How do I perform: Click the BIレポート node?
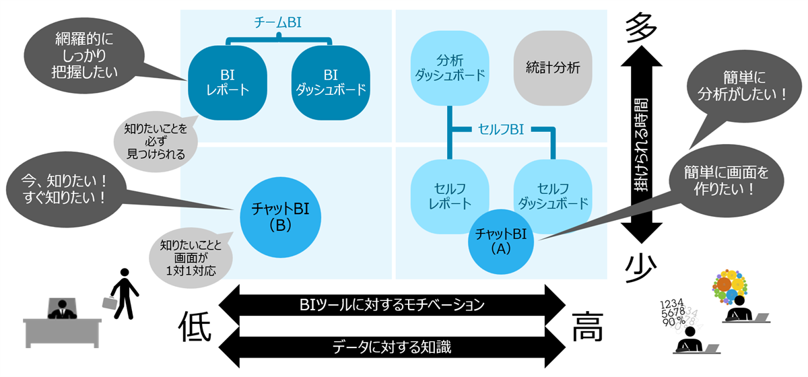point(227,81)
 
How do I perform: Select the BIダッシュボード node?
point(330,81)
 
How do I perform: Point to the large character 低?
point(196,328)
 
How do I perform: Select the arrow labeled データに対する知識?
point(391,347)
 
